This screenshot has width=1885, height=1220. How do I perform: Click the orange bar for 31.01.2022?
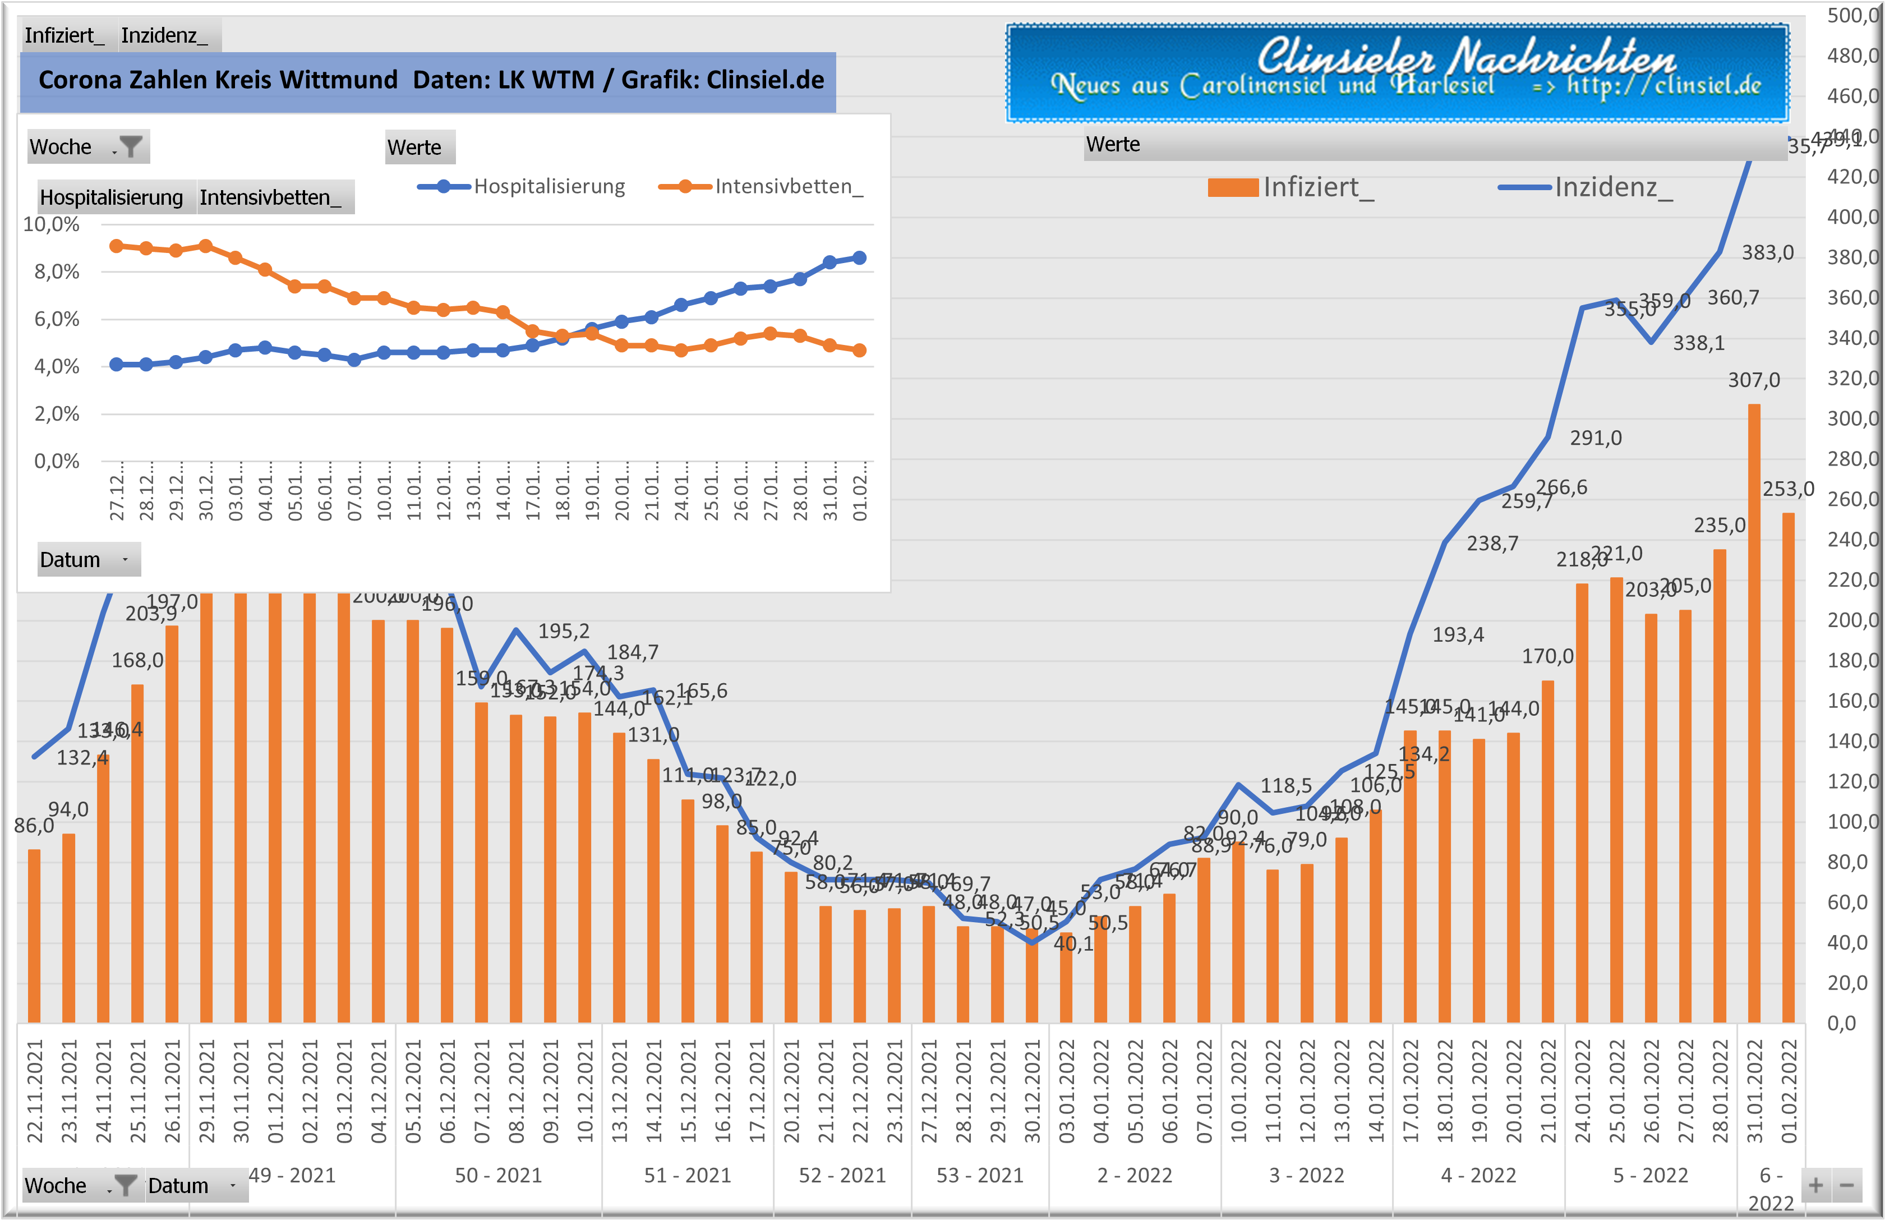tap(1754, 713)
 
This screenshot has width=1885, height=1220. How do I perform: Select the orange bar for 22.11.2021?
tap(34, 935)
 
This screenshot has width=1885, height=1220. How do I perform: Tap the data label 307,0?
tap(1754, 380)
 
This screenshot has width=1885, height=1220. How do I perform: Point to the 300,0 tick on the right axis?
tap(1852, 418)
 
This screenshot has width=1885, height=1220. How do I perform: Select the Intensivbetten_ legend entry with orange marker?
tap(761, 187)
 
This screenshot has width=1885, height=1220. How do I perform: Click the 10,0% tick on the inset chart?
tap(52, 224)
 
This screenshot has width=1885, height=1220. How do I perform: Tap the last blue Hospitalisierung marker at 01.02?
tap(859, 258)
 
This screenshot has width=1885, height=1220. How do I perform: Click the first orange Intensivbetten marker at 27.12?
tap(117, 246)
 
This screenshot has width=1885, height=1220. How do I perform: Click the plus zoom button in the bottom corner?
tap(1815, 1186)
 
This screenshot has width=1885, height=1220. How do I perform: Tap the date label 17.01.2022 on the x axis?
tap(1411, 1091)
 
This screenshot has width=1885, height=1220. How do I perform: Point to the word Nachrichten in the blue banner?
tap(1564, 57)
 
